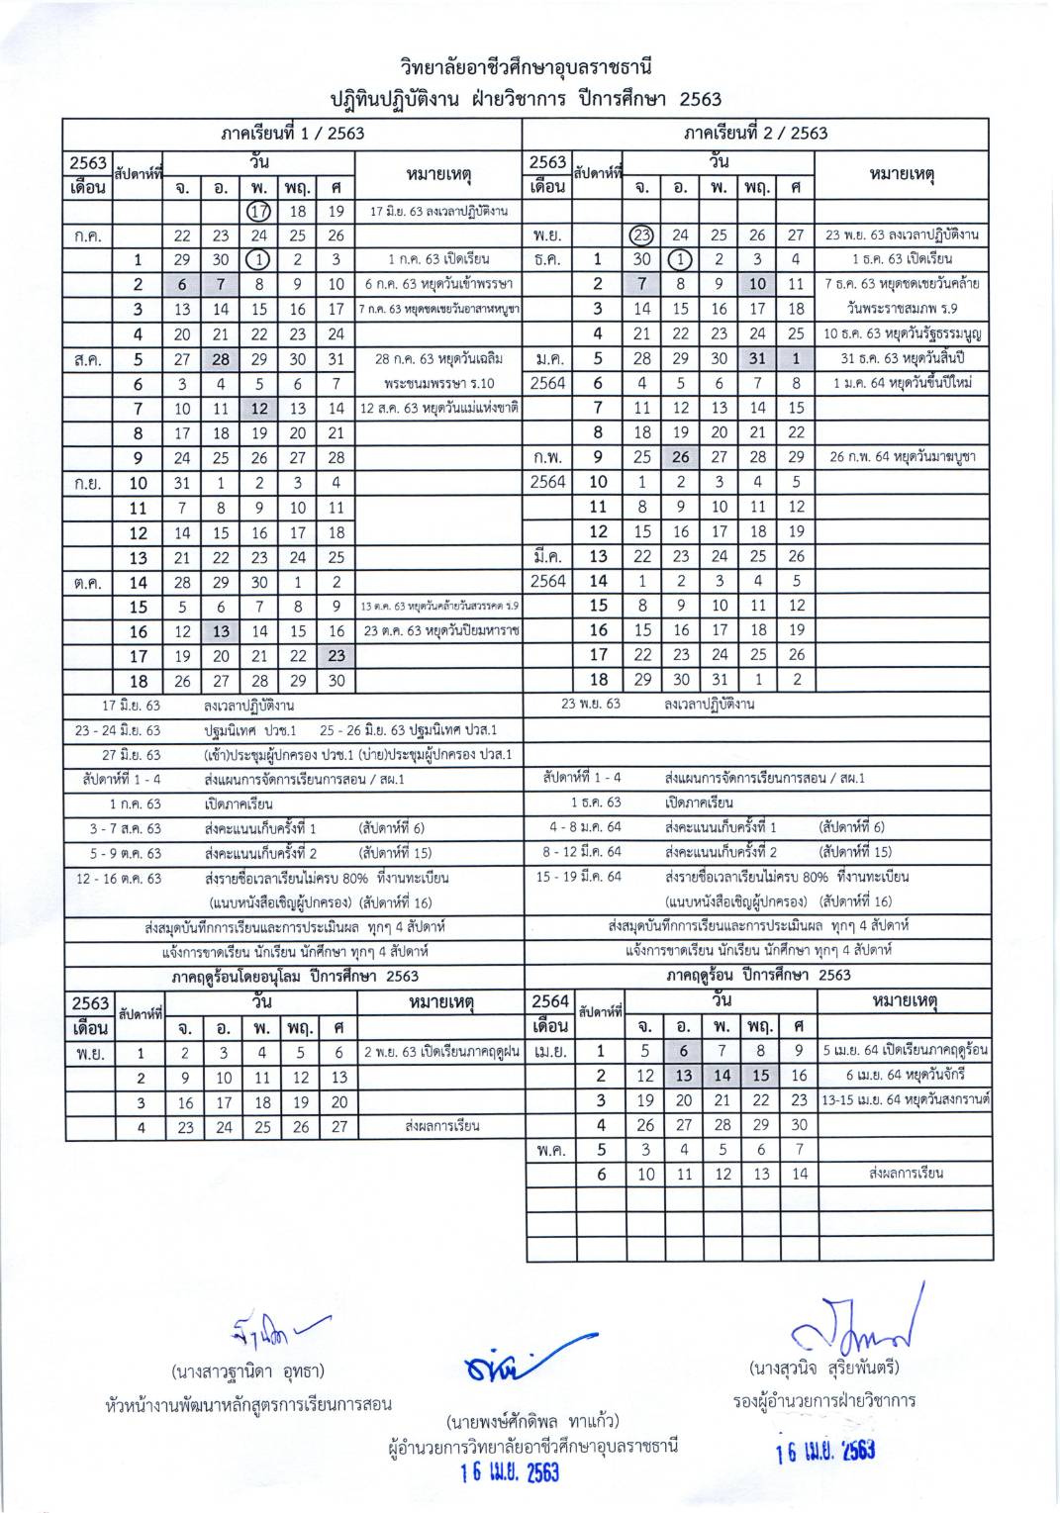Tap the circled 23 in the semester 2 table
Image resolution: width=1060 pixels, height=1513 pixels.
coord(642,236)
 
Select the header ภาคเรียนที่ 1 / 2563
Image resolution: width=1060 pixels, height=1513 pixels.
coord(292,133)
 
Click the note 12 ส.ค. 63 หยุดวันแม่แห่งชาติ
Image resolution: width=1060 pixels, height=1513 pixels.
coord(437,408)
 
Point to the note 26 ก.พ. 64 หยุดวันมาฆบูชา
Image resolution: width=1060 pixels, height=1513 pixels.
coord(901,457)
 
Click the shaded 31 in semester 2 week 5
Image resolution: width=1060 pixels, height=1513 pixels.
coord(758,358)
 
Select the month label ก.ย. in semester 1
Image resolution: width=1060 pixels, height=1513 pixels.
coord(88,483)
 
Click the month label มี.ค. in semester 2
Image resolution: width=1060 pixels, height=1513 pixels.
coord(547,556)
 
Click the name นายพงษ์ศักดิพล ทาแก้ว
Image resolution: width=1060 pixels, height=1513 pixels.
coord(532,1422)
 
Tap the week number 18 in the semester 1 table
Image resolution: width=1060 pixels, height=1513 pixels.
coord(139,681)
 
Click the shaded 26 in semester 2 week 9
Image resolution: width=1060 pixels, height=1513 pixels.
coord(681,457)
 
